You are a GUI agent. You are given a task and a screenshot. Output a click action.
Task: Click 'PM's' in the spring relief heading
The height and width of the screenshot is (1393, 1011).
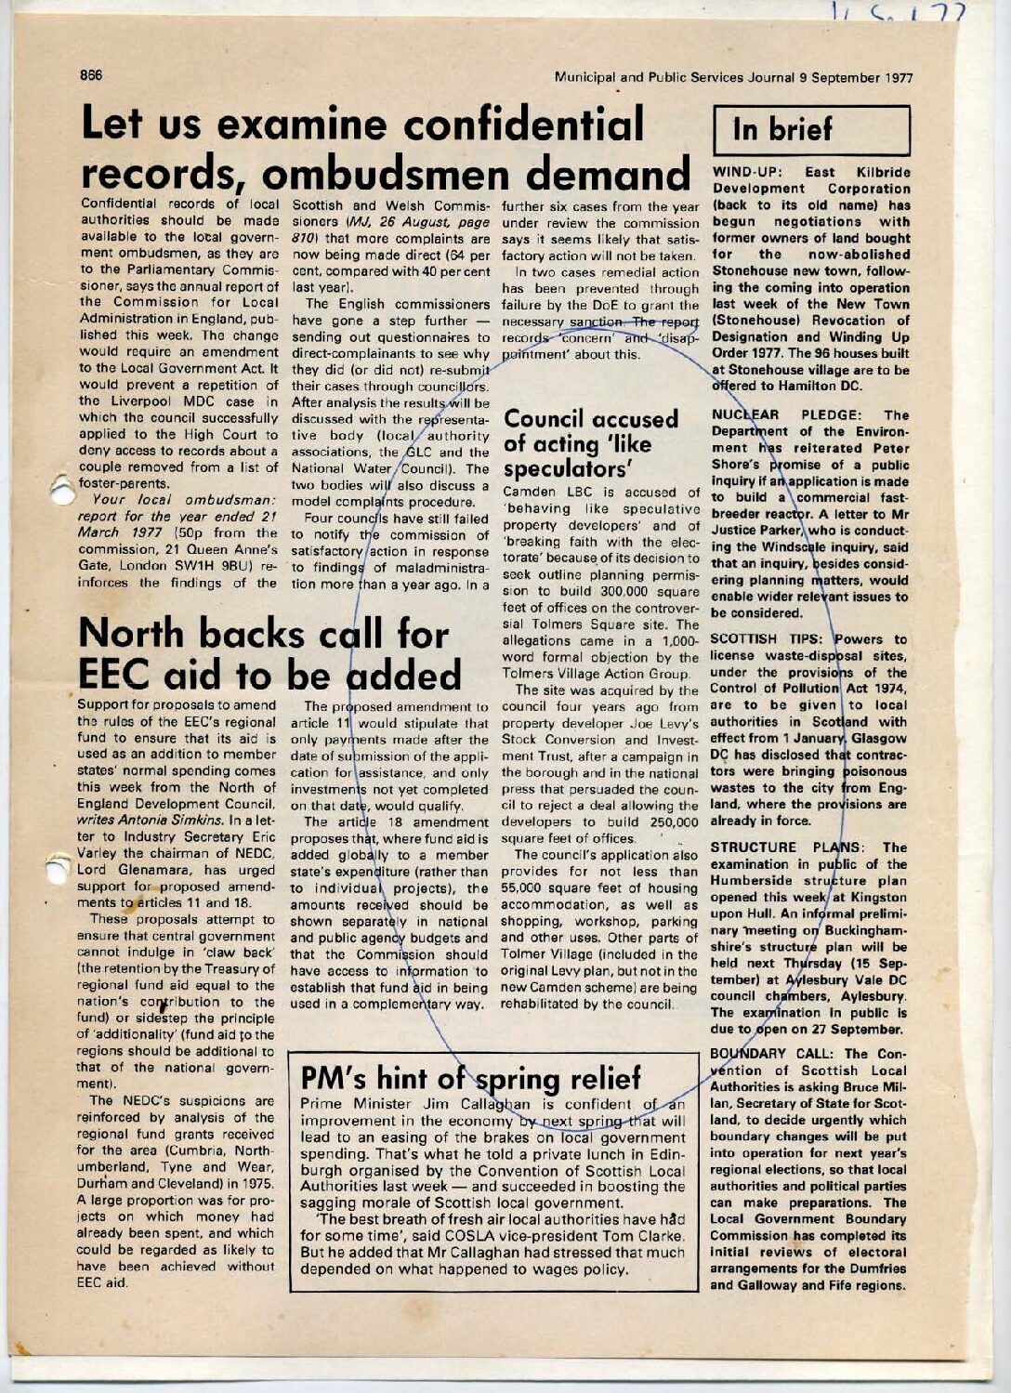coord(335,1080)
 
